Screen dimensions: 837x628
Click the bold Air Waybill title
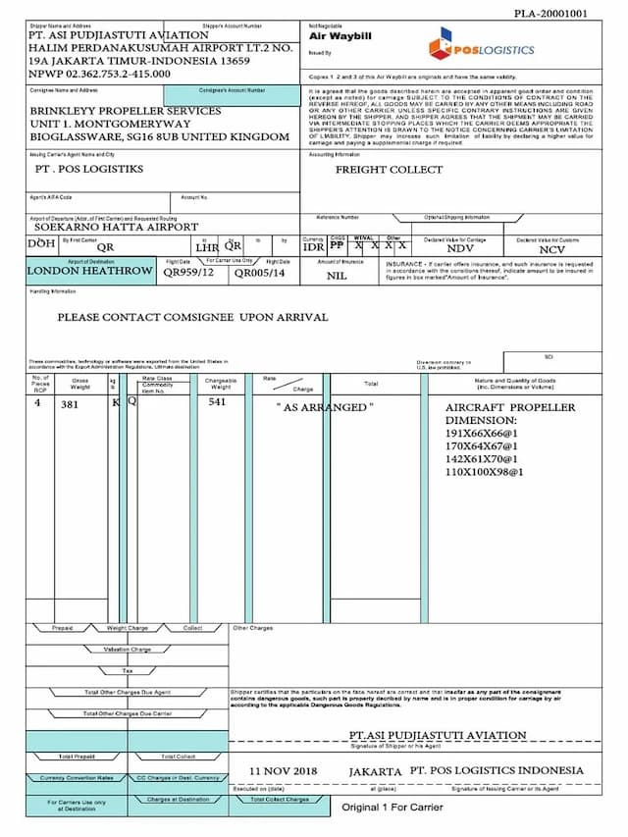339,36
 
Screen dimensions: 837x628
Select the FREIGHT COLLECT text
390,170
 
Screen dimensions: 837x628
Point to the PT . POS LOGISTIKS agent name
88,169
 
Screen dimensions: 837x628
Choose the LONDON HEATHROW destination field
89,271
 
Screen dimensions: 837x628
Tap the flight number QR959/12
188,273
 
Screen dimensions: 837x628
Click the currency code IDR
314,247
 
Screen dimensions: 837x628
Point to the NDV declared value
460,249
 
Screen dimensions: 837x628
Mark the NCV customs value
552,250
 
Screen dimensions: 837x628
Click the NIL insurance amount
338,276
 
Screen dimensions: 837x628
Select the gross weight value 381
70,404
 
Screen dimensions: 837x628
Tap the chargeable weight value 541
217,401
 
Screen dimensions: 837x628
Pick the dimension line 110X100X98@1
485,472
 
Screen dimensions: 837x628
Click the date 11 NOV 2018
285,770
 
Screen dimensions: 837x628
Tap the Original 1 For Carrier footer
392,808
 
